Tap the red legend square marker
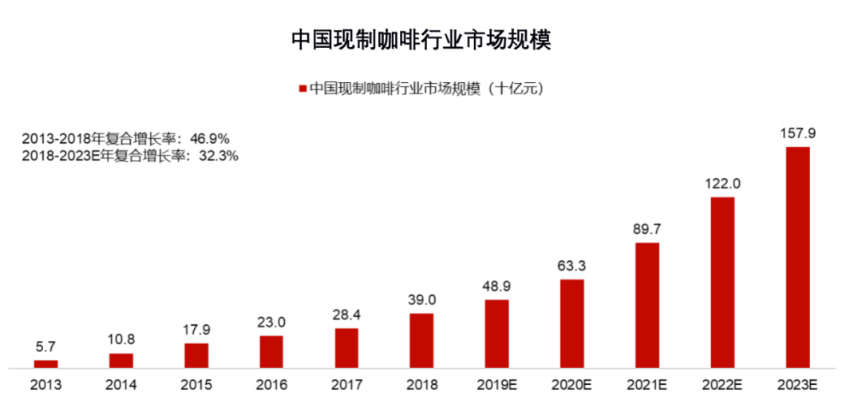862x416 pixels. point(302,89)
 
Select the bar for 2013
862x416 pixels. point(45,364)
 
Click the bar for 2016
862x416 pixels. point(271,352)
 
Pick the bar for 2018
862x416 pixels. point(421,341)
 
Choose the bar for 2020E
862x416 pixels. point(571,323)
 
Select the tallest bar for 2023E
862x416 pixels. point(797,257)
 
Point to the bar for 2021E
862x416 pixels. point(647,305)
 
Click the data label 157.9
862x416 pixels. point(797,133)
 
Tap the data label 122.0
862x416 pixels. point(722,183)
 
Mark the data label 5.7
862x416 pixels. point(45,347)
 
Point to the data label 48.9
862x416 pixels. point(496,285)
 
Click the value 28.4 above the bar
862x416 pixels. point(346,314)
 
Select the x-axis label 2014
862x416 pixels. point(121,385)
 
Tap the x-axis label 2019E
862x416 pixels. point(496,385)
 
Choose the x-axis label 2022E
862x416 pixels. point(722,385)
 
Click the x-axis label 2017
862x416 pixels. point(346,385)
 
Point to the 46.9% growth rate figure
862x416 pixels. point(211,138)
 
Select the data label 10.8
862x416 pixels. point(121,339)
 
